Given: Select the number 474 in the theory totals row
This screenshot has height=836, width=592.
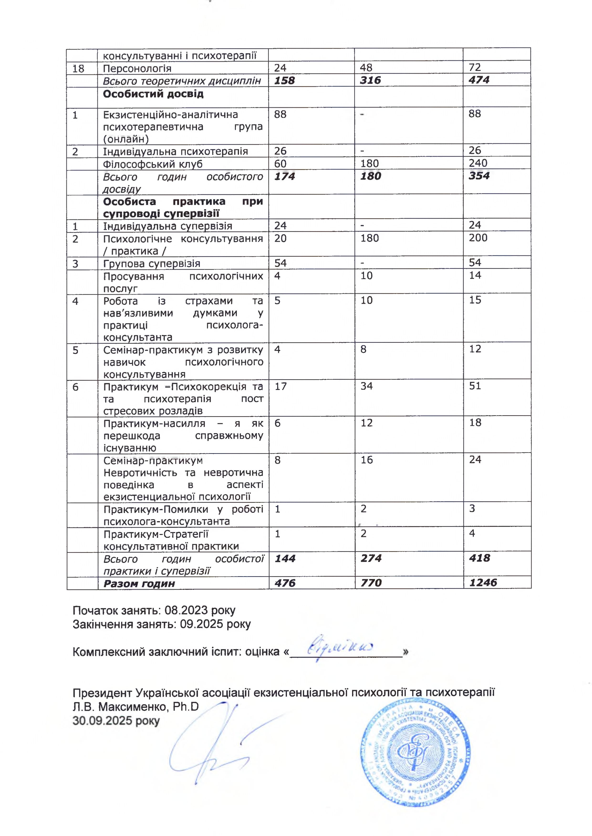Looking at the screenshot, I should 479,80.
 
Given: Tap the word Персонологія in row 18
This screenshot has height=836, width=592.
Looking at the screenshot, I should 137,68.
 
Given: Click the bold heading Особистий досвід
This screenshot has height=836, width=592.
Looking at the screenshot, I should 153,94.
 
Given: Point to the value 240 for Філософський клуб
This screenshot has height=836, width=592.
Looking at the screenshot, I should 478,163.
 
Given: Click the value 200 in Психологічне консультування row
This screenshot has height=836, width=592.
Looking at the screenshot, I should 478,238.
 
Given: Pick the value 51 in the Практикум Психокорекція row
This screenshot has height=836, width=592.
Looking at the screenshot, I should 475,386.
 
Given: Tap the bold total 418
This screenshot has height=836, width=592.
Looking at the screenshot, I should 479,558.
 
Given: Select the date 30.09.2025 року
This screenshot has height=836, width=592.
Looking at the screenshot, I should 116,721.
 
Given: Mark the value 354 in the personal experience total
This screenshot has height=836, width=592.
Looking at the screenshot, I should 479,176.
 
